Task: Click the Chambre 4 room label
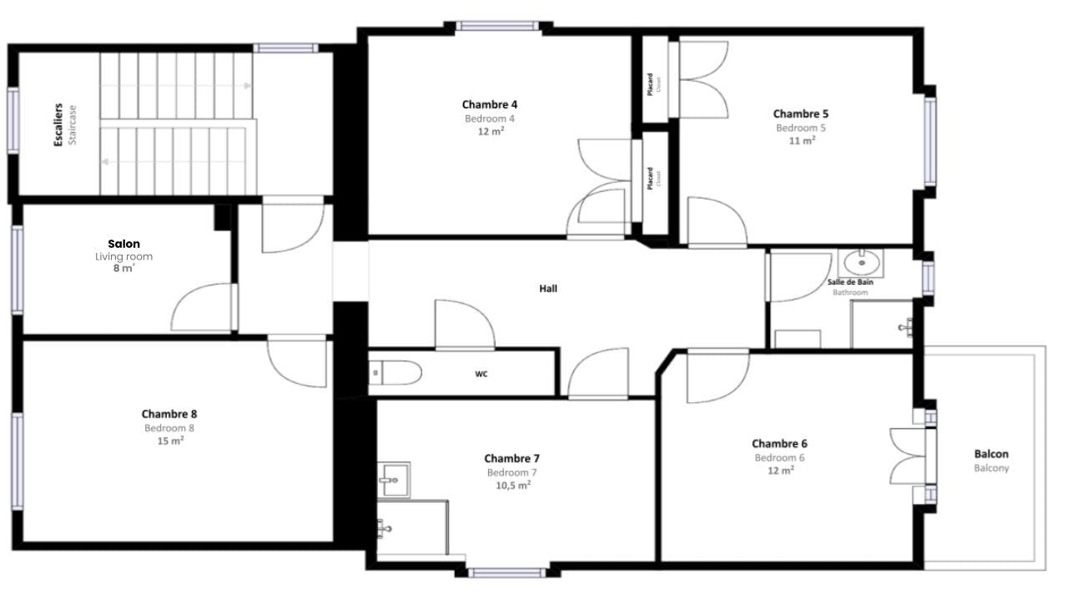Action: [x=490, y=104]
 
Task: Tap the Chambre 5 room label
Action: [x=800, y=114]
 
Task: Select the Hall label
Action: [x=548, y=289]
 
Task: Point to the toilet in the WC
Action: [x=395, y=372]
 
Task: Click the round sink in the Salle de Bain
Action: [x=861, y=262]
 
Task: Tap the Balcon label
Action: [x=991, y=454]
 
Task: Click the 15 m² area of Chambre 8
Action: [x=170, y=441]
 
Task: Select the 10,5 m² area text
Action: [x=513, y=485]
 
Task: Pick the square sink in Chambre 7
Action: [x=394, y=480]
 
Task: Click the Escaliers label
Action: [x=58, y=125]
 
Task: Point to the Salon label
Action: [x=124, y=244]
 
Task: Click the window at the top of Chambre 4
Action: [x=498, y=26]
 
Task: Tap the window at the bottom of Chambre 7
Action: [x=507, y=573]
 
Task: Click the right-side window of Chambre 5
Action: [x=930, y=142]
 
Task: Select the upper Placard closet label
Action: [x=650, y=84]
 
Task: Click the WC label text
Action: [x=481, y=374]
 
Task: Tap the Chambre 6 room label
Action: [x=779, y=444]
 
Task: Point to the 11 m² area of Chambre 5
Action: [x=802, y=140]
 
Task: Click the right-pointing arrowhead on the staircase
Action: [x=248, y=86]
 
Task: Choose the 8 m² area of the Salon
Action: [x=124, y=268]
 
